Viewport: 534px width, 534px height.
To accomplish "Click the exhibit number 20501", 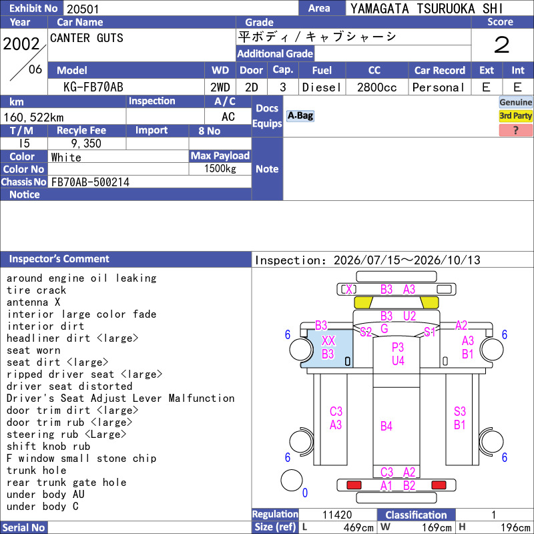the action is coord(83,9).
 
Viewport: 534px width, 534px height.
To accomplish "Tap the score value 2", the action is coord(502,45).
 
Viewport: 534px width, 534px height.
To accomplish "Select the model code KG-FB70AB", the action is coord(93,87).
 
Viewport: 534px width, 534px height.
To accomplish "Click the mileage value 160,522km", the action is coord(33,117).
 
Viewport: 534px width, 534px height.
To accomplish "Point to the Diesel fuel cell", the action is coord(322,87).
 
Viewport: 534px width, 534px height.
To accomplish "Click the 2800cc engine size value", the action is coord(376,87).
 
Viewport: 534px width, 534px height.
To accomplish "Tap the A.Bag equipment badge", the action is coord(300,115).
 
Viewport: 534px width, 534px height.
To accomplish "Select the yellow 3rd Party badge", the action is coord(515,115).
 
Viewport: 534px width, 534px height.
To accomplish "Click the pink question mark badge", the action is coord(515,130).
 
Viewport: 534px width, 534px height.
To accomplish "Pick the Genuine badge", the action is coord(515,102).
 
